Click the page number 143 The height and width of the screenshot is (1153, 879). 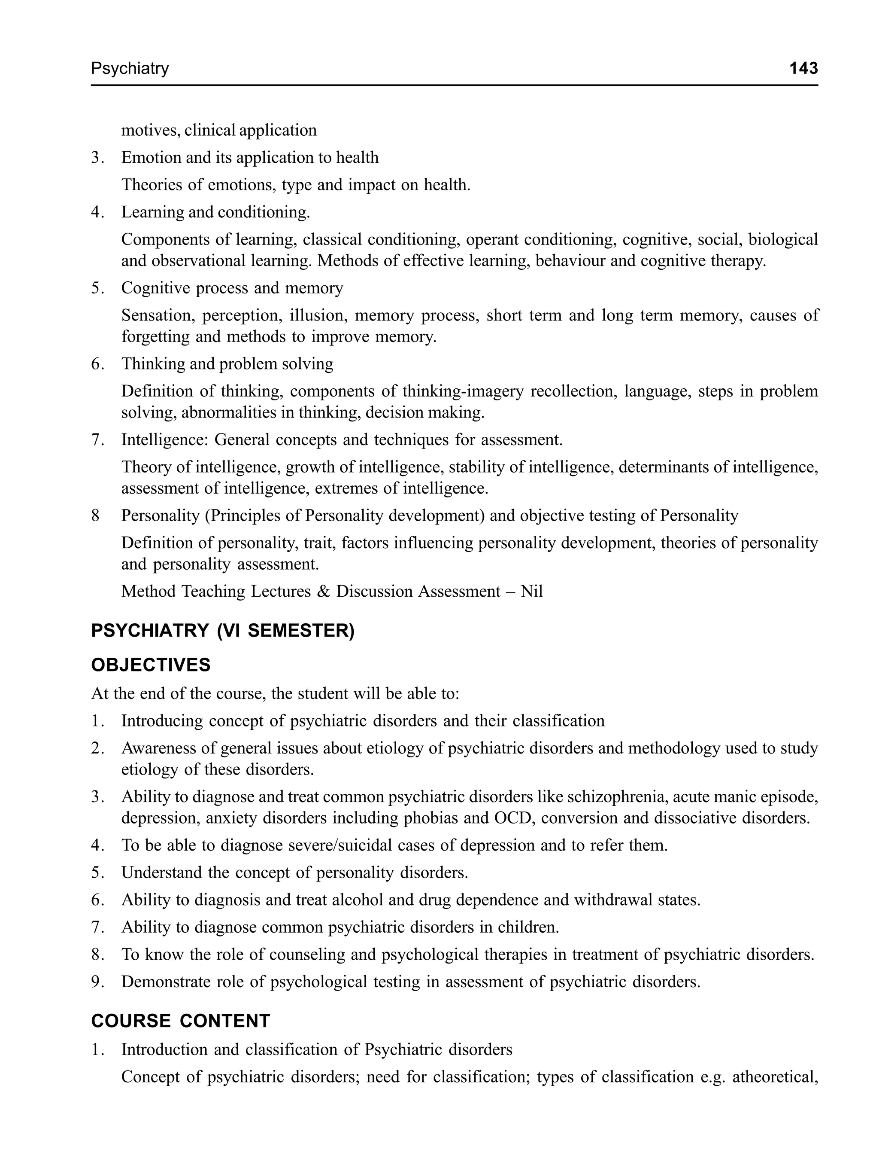tap(803, 68)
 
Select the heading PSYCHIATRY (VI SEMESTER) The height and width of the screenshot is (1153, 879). tap(222, 631)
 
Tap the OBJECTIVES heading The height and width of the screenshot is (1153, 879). tap(151, 665)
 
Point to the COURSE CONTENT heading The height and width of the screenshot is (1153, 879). tap(181, 1021)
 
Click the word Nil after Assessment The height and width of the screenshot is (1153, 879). tap(532, 591)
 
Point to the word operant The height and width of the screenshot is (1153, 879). tap(491, 239)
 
